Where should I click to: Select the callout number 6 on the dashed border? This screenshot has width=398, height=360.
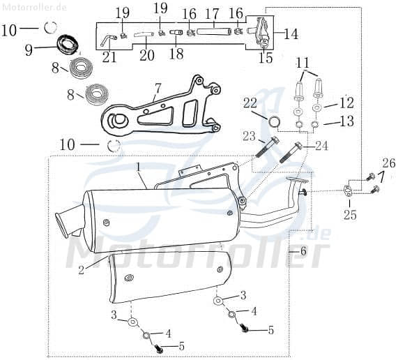303,250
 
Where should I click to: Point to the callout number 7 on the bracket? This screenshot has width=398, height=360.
158,89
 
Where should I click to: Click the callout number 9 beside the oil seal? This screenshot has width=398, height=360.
29,50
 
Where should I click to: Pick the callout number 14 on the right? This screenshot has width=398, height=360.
290,33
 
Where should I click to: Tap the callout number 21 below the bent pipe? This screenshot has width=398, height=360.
109,57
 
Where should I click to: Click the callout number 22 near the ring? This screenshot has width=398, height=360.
250,103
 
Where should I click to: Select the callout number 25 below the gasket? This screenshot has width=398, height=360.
350,215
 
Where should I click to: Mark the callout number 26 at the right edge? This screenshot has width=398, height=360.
388,163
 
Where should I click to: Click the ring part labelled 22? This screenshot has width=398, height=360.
275,123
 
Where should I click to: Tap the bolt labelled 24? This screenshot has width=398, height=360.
291,152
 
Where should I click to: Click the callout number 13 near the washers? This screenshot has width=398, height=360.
346,121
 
